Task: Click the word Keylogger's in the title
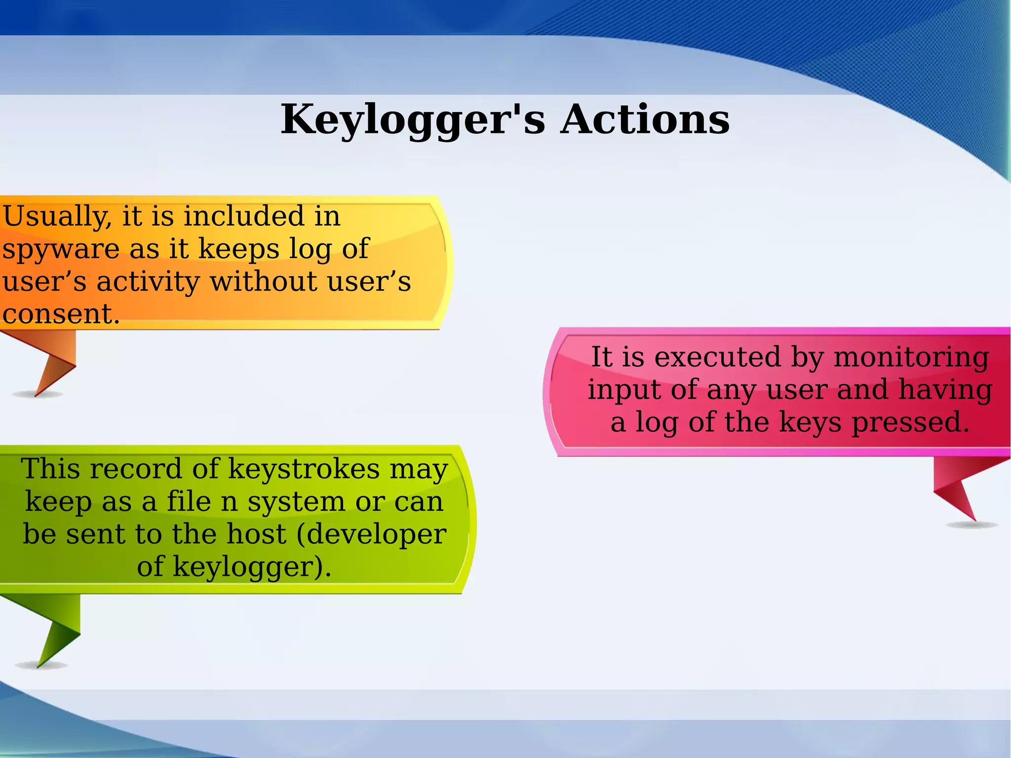pyautogui.click(x=413, y=120)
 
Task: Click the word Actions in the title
pyautogui.click(x=645, y=120)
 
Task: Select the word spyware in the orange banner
pyautogui.click(x=61, y=249)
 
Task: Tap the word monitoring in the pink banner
pyautogui.click(x=911, y=357)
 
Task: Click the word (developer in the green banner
pyautogui.click(x=371, y=534)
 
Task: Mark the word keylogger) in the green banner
pyautogui.click(x=251, y=566)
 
